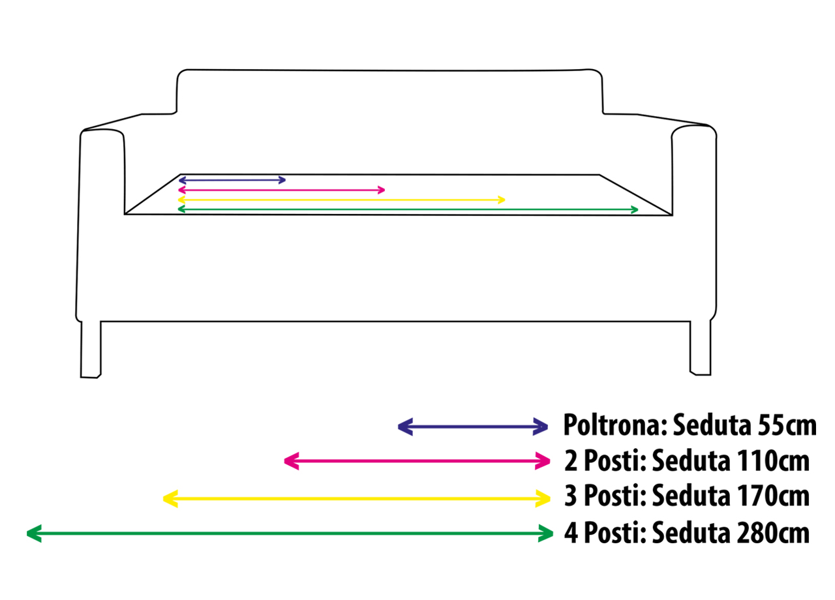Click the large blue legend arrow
(473, 427)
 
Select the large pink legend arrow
(417, 462)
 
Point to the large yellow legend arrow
(357, 500)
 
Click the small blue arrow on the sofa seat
(232, 180)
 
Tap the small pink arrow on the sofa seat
(281, 190)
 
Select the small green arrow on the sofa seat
(408, 209)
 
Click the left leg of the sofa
(91, 349)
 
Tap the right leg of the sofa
(701, 348)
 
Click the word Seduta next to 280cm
(690, 533)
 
